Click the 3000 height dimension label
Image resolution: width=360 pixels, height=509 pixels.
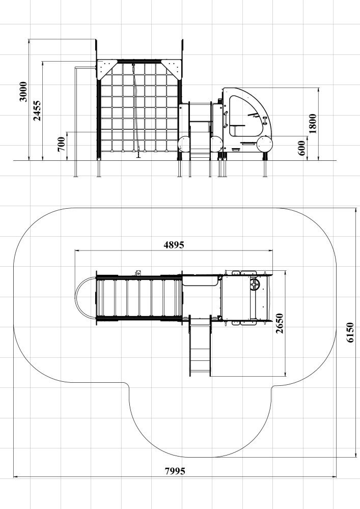(23, 92)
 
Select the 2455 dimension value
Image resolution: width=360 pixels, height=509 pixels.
(37, 110)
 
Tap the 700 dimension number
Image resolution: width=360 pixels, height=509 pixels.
(61, 144)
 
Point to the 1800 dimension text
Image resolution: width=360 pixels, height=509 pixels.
(313, 123)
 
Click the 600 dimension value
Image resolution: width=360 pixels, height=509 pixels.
(301, 148)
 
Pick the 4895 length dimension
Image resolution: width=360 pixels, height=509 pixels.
(174, 245)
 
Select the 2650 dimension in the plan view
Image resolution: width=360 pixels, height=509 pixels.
(279, 323)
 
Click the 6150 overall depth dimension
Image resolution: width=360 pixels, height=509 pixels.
(350, 332)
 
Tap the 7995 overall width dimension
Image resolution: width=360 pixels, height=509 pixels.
(175, 471)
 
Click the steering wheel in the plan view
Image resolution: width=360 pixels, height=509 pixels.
(255, 285)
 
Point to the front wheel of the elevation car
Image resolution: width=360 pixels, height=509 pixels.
(265, 144)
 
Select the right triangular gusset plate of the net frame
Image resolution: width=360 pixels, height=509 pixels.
(171, 69)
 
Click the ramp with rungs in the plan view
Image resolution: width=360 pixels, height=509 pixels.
(200, 347)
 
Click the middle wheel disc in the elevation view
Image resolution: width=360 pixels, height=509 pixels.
(216, 144)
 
